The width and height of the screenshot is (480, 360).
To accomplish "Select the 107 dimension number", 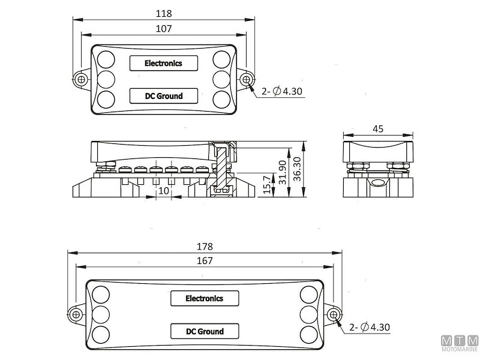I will point(163,28).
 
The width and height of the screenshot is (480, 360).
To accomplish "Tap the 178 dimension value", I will point(205,246).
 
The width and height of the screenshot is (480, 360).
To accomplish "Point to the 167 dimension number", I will point(205,261).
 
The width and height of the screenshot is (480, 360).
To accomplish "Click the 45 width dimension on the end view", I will point(379,128).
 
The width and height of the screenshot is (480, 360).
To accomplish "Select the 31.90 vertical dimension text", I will point(282,173).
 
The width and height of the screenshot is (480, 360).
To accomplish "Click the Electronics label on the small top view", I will point(155,62).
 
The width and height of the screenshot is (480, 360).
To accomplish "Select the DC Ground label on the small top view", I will point(155,95).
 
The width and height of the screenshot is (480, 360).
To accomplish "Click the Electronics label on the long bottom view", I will point(204,298).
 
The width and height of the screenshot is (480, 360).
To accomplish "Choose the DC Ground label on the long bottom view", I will point(204,331).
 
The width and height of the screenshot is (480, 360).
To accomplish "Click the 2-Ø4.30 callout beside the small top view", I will point(282,92).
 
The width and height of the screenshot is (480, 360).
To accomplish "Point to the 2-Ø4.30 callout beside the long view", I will point(370,328).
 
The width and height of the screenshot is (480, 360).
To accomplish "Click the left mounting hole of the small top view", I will point(80,79).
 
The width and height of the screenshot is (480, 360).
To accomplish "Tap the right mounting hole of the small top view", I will point(245,79).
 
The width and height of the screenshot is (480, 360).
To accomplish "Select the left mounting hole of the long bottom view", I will point(76,314).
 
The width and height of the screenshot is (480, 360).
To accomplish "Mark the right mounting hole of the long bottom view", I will point(333,314).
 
